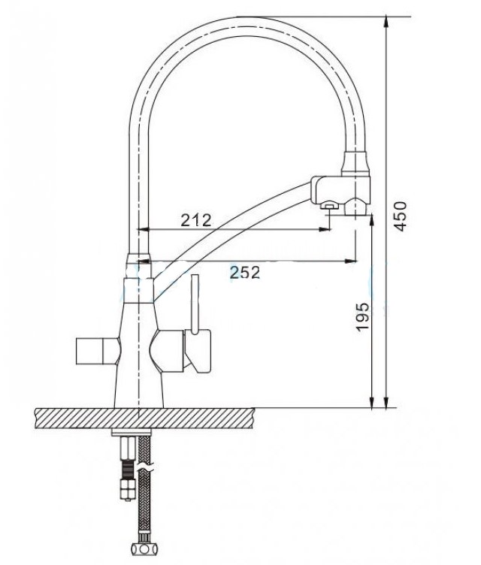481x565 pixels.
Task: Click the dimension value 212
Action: click(196, 220)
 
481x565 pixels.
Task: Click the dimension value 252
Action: click(245, 273)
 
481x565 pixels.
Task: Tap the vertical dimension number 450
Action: click(400, 216)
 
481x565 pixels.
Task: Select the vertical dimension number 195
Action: click(362, 316)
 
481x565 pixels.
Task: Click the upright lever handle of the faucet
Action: click(195, 304)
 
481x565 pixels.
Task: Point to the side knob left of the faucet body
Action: click(97, 351)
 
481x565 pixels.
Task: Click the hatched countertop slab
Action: click(144, 418)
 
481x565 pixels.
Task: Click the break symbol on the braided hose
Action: click(147, 467)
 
